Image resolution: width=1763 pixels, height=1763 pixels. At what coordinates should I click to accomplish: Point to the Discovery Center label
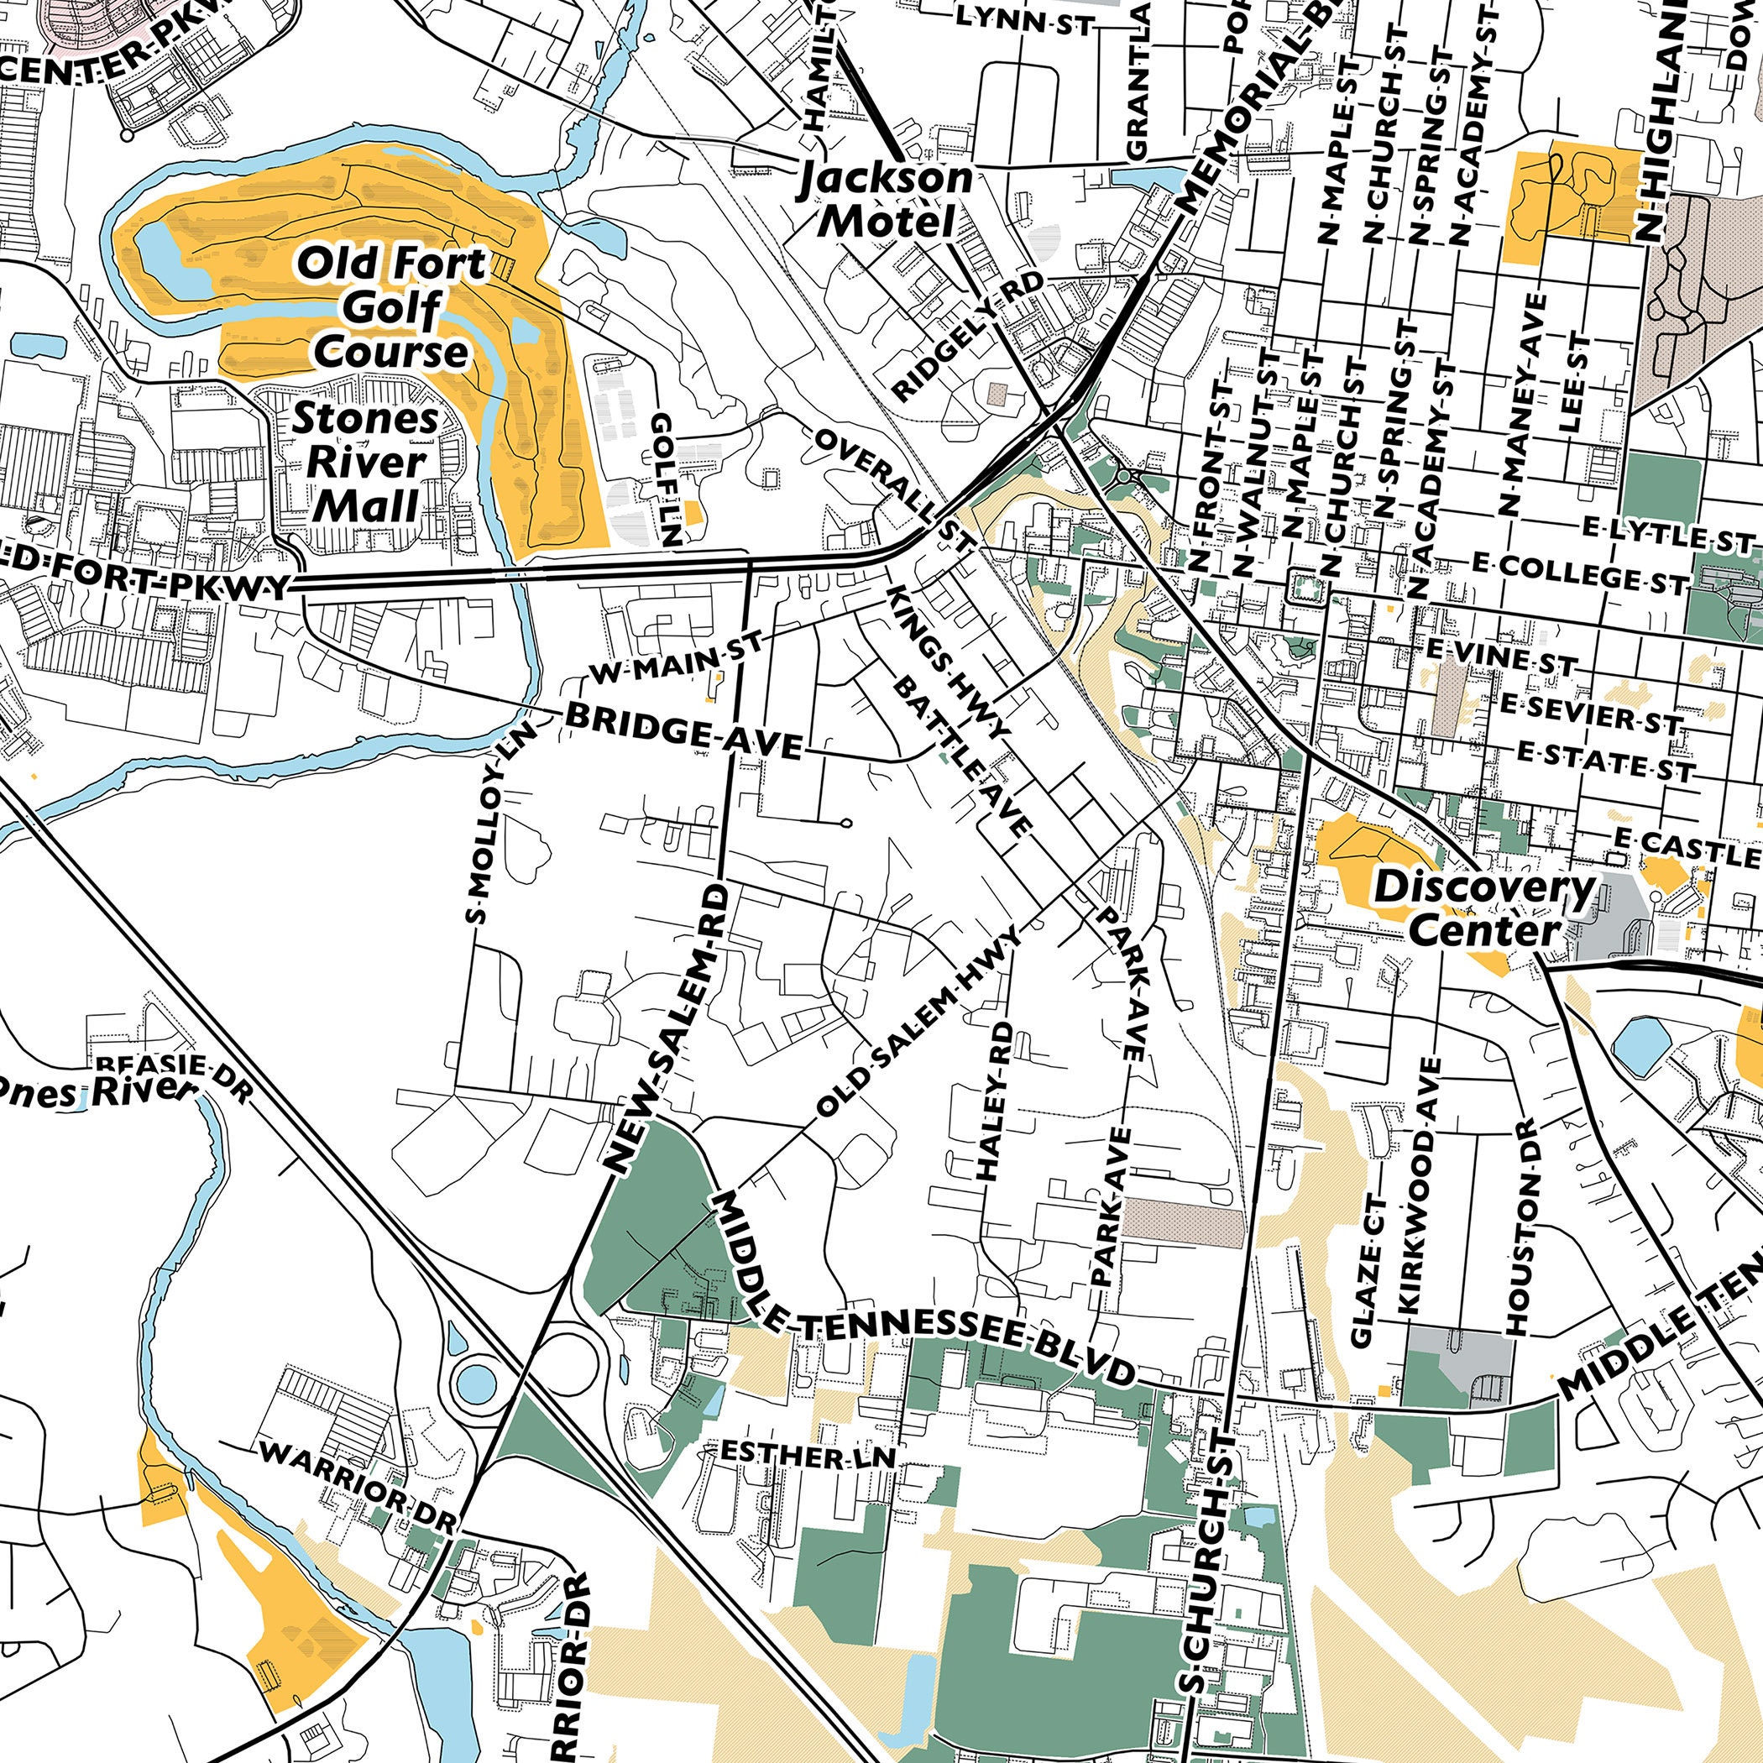(1483, 908)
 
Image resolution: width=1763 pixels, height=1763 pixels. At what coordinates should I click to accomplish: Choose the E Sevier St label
(1588, 714)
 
